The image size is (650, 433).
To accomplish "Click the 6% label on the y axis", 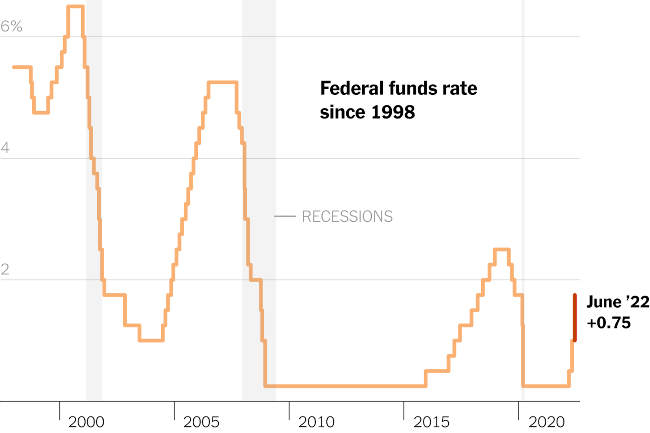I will (11, 26).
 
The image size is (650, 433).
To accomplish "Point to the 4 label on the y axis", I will (6, 148).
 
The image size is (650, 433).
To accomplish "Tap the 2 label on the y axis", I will (6, 270).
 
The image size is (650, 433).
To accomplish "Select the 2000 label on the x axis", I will (87, 422).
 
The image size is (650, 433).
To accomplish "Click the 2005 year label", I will (201, 422).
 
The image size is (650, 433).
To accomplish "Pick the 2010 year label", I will (316, 422).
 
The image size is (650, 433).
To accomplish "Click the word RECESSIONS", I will (347, 216).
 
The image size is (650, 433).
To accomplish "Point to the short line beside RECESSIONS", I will (285, 216).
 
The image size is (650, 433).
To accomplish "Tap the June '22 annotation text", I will (618, 303).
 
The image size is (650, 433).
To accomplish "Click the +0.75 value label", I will (609, 323).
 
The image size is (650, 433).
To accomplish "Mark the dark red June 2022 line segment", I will (575, 318).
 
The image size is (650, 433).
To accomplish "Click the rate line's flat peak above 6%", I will (75, 6).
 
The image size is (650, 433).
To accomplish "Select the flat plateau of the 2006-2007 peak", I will (222, 82).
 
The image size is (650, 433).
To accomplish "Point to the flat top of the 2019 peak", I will (501, 249).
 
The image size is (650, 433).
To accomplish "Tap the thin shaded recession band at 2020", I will (523, 200).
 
